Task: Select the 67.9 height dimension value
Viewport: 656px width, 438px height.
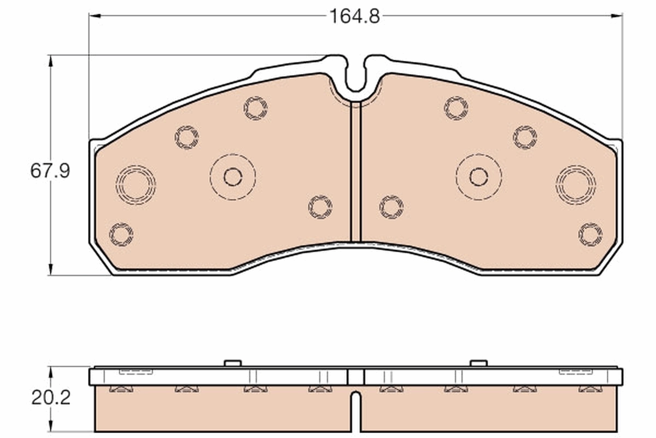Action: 50,171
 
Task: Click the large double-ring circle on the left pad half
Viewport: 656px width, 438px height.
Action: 135,185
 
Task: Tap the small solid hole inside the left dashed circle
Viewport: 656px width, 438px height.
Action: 233,176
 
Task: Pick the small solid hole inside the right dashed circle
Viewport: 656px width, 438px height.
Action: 478,176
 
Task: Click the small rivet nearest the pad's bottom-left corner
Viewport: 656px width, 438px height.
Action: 121,234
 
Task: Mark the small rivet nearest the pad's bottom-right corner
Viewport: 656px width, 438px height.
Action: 590,234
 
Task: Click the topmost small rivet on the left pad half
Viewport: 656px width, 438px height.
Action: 255,108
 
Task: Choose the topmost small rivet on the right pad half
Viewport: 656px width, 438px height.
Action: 456,108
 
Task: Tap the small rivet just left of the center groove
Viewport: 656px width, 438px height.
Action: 320,207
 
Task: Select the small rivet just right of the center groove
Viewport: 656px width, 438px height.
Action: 391,207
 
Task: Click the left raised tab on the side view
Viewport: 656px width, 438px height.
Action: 233,363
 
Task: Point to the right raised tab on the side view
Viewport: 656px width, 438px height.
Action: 478,363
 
